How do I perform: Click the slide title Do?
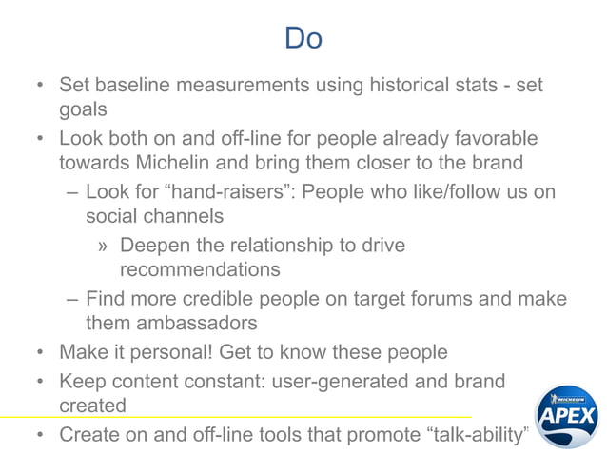click(303, 38)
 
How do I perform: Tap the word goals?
click(83, 109)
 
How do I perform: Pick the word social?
click(114, 216)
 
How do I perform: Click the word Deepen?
click(158, 245)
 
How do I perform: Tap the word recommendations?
click(200, 269)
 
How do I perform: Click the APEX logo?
click(566, 415)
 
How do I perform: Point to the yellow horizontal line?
click(238, 418)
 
